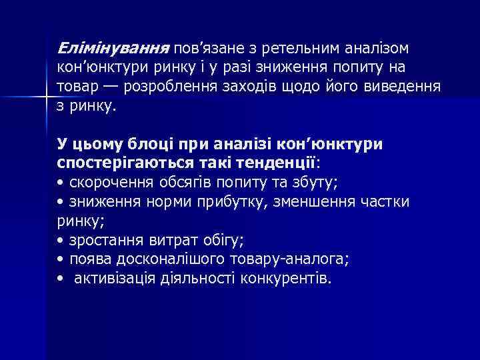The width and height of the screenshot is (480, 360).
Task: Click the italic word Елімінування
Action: click(x=114, y=49)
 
